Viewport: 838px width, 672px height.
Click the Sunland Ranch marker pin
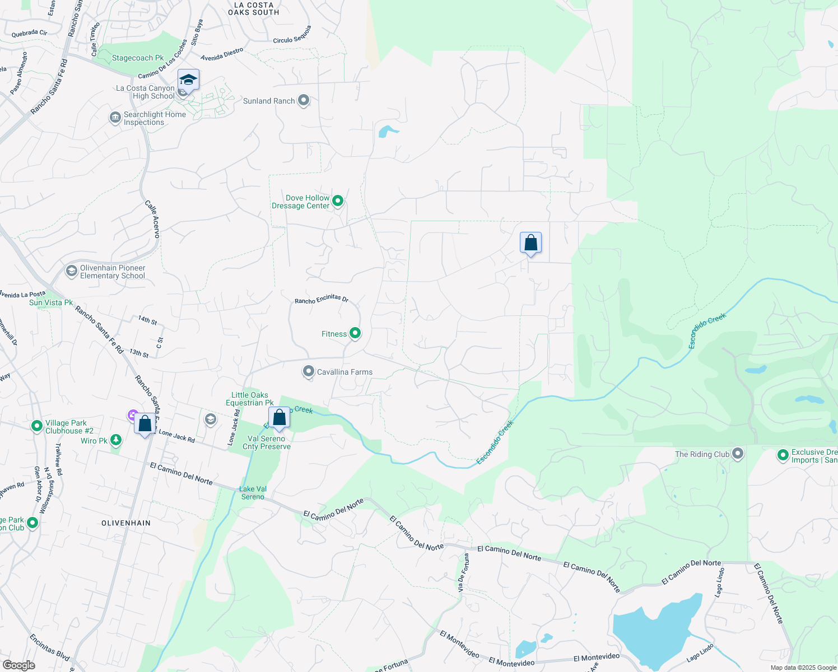[x=304, y=100]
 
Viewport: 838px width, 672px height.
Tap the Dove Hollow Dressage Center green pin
[x=338, y=200]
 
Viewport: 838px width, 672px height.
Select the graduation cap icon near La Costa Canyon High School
[x=188, y=80]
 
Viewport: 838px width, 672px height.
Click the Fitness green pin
[x=355, y=333]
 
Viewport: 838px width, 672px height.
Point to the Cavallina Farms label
[x=344, y=372]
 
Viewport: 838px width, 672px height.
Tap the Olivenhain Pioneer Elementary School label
[x=113, y=272]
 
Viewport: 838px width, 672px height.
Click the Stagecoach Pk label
[x=138, y=58]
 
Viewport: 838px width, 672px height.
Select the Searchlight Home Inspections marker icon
[x=115, y=117]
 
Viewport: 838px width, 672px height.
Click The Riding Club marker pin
[x=738, y=454]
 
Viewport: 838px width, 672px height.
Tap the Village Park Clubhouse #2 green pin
[x=37, y=426]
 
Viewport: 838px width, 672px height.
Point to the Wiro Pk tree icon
[x=116, y=440]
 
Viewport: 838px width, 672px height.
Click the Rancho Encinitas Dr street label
[x=322, y=300]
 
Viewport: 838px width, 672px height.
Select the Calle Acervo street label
[x=152, y=219]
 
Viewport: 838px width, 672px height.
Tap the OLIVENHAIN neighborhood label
[x=126, y=523]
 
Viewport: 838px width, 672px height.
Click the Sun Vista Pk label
[x=51, y=303]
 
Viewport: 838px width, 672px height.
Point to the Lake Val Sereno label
[x=253, y=493]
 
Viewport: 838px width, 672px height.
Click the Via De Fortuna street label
[x=463, y=573]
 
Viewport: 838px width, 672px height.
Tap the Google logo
[x=18, y=665]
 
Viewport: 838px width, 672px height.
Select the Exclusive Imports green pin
[x=783, y=455]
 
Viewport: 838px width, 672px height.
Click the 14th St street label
[x=147, y=320]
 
